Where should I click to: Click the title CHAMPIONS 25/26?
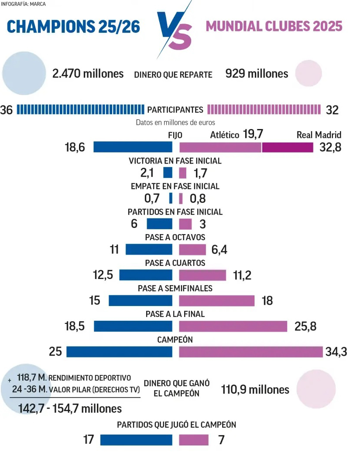(74, 27)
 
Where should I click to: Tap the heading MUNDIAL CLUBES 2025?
(274, 26)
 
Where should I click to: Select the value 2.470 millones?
(88, 74)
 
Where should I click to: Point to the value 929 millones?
(257, 74)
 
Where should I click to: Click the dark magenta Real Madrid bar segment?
(288, 147)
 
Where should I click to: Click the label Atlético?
(224, 135)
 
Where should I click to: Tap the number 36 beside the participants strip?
(7, 110)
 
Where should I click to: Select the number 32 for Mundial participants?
(332, 110)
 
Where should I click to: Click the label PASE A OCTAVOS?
(175, 238)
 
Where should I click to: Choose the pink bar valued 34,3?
(250, 351)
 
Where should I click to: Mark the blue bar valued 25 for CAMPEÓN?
(119, 351)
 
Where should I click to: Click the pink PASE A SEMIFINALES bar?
(216, 301)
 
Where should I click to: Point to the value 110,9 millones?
(255, 389)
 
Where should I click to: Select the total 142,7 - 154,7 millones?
(70, 408)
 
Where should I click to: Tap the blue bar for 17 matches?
(136, 440)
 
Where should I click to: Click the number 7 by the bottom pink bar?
(221, 440)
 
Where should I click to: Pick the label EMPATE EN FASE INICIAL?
(175, 186)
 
